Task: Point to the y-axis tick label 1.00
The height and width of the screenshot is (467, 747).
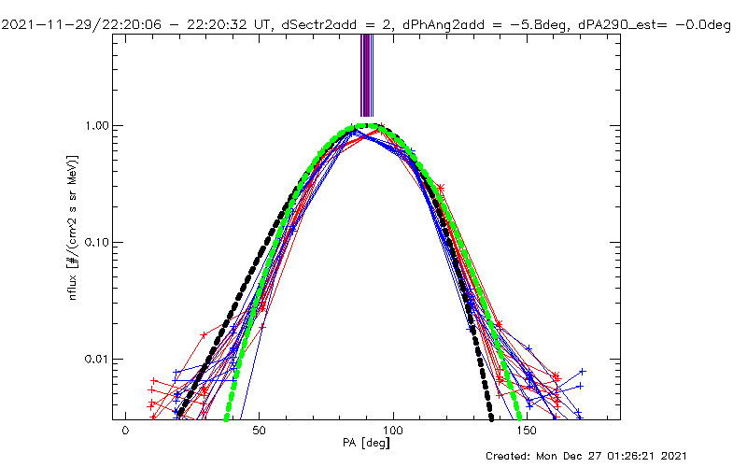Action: point(99,125)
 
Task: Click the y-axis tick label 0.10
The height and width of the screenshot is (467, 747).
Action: point(99,242)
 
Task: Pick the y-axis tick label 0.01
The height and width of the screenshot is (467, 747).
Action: point(99,359)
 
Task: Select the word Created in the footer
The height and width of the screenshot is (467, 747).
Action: point(509,456)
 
